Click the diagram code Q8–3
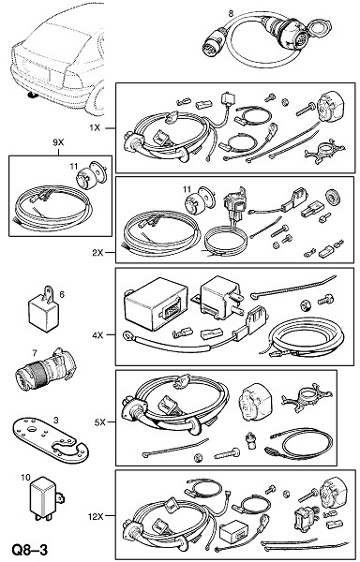29,550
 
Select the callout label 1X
95,127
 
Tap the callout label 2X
97,253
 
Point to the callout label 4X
97,335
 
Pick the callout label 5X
99,422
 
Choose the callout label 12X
96,516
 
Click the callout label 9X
58,142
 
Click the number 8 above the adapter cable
231,13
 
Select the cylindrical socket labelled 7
45,369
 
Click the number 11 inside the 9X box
73,167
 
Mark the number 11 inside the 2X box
187,189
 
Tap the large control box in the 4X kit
156,303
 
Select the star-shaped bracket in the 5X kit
307,397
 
